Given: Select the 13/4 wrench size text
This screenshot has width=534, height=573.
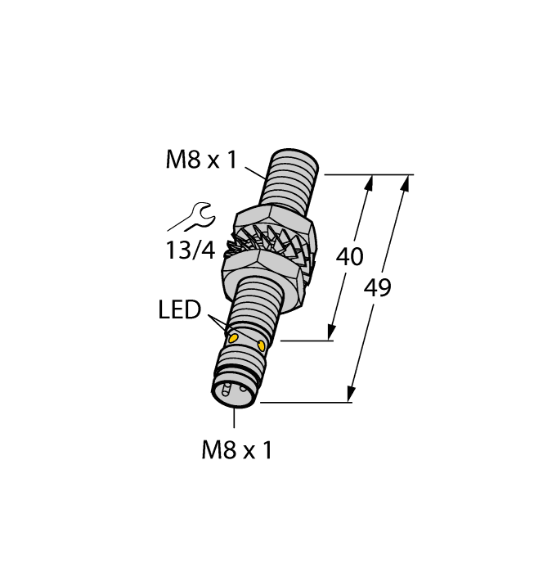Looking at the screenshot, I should click(191, 251).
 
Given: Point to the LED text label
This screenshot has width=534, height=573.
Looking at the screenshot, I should click(179, 310).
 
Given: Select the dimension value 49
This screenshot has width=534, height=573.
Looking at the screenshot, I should click(378, 288).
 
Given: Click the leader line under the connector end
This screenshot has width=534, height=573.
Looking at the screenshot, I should click(235, 418).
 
